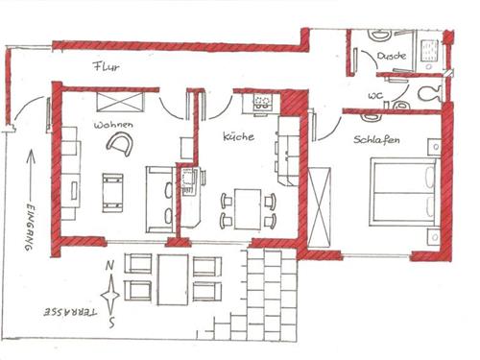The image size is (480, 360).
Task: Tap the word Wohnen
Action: [113, 126]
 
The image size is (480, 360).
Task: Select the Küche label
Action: [238, 137]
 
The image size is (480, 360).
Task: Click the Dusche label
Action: [392, 57]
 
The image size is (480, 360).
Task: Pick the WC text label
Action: [376, 95]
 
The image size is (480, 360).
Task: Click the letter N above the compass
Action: [113, 267]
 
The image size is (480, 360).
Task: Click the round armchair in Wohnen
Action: [120, 144]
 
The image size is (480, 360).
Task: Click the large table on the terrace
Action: [175, 276]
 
